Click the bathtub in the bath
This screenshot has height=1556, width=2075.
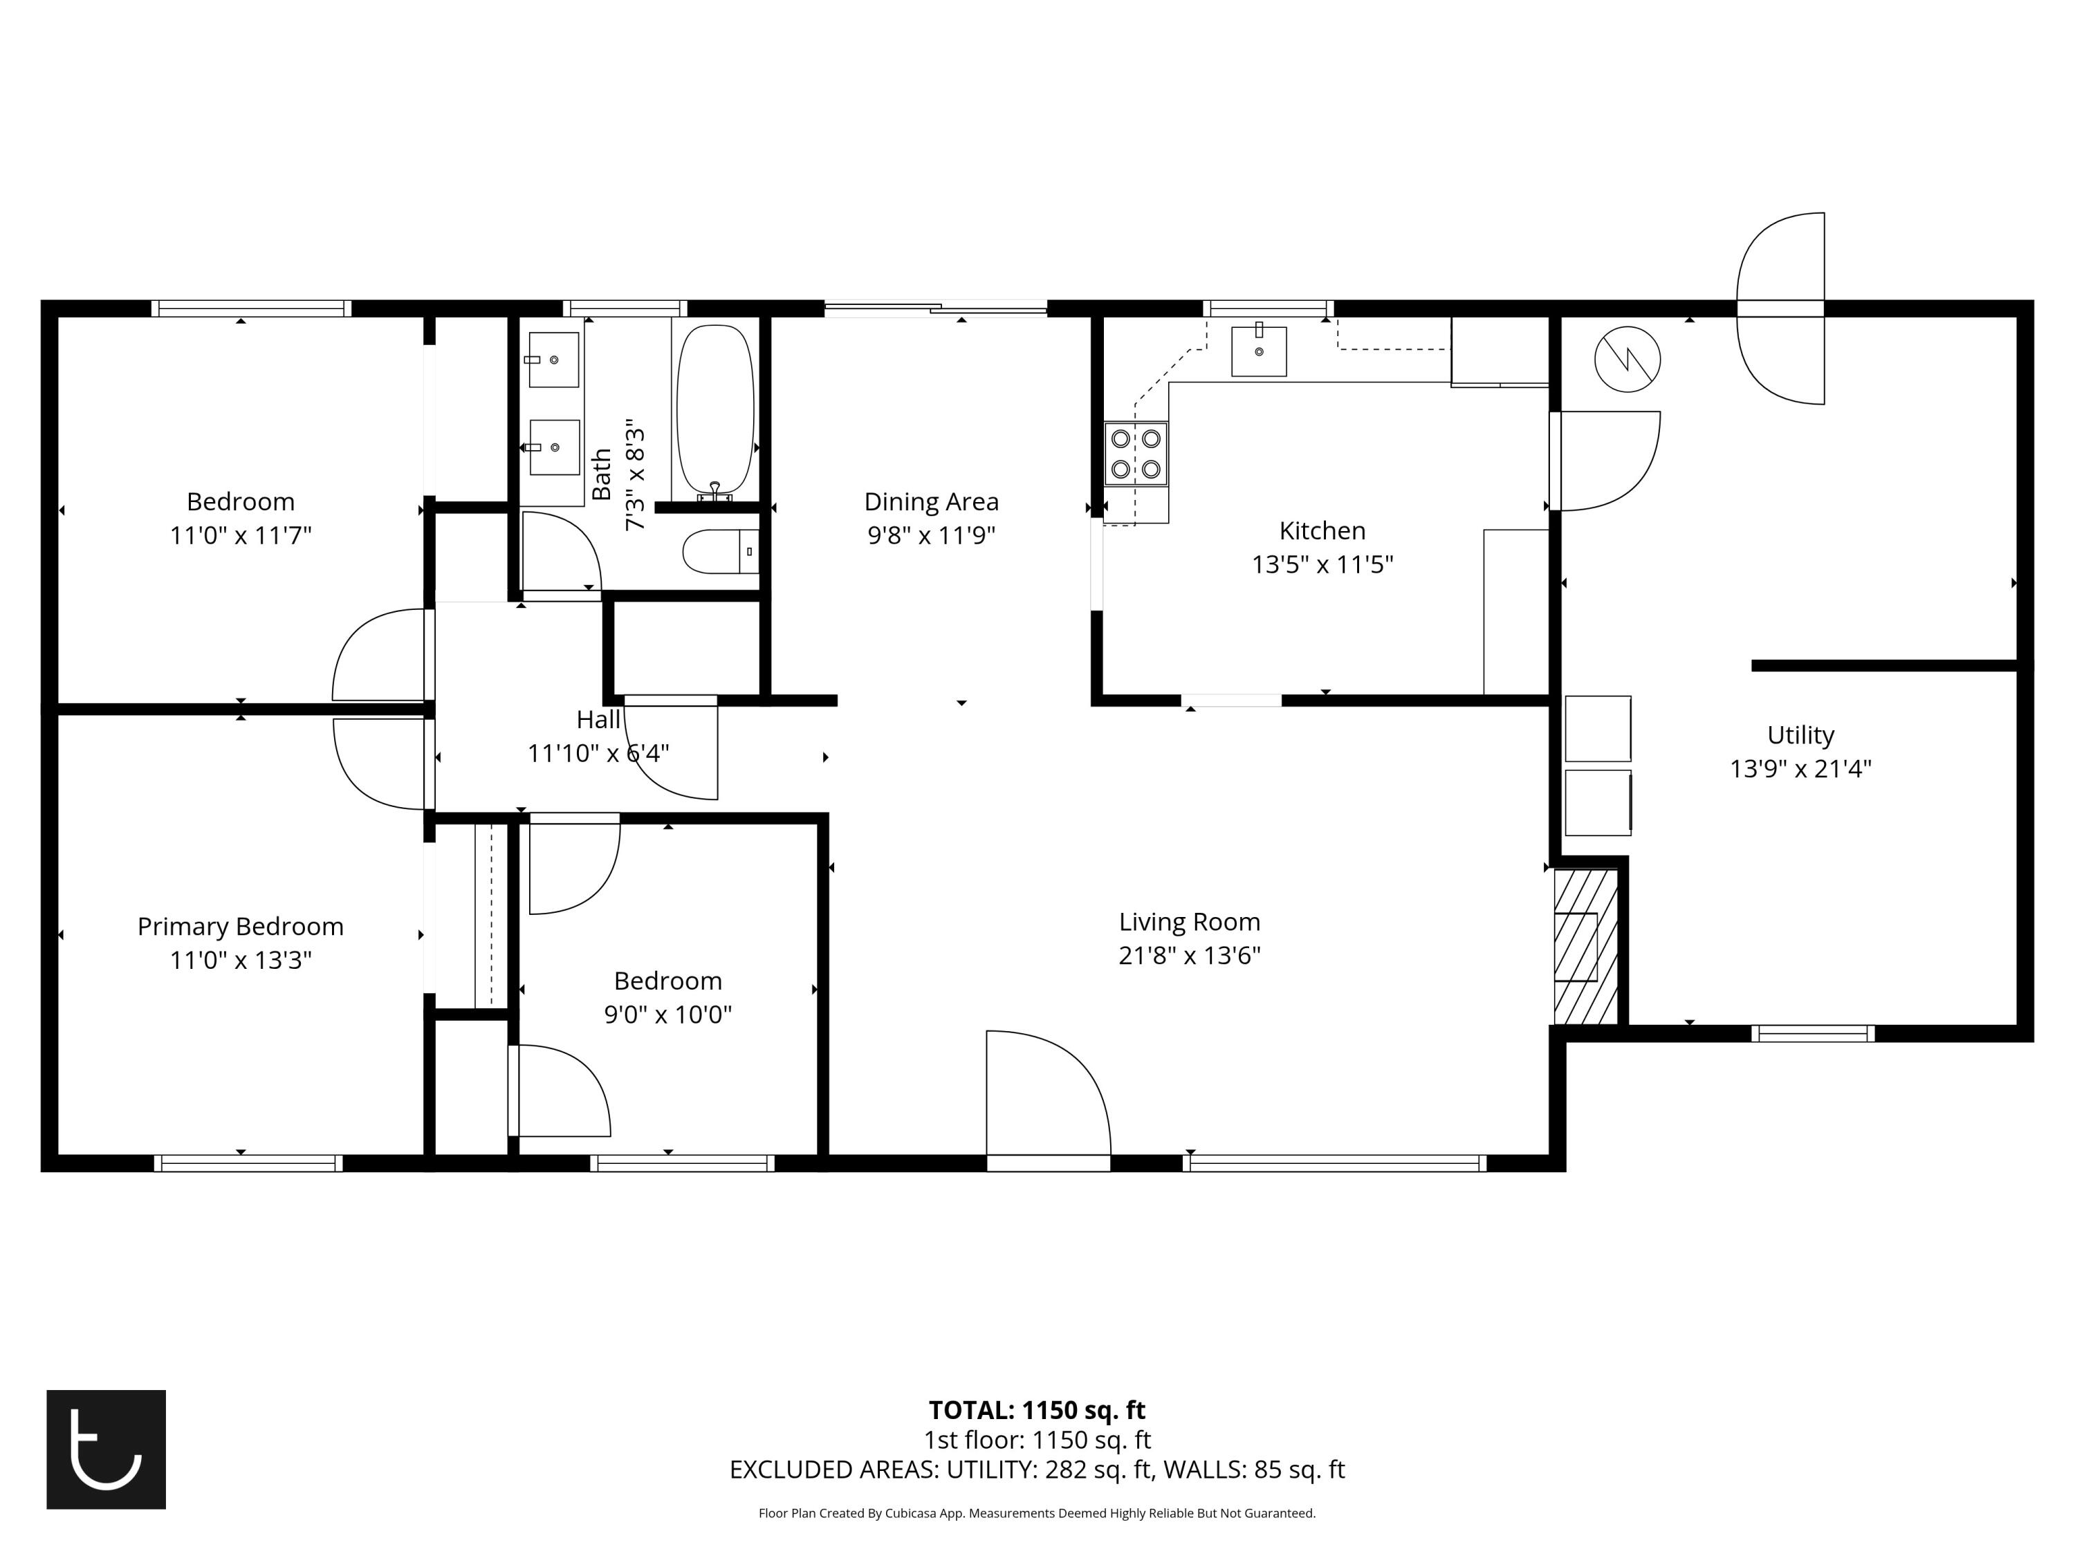pos(714,410)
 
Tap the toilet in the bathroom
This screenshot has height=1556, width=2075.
pos(719,551)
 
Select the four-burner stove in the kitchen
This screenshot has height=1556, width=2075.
pos(1135,453)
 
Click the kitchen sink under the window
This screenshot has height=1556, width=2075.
pos(1258,351)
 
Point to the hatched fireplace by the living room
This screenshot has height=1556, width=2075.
pos(1585,946)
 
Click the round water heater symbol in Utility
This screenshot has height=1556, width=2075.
pos(1627,359)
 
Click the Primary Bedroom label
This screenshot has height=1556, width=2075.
pos(240,927)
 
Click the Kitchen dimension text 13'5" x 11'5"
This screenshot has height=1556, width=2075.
pos(1322,564)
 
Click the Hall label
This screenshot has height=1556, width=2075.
pos(598,719)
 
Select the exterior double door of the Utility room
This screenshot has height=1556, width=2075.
pos(1780,308)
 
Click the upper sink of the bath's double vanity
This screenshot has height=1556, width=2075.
pos(553,359)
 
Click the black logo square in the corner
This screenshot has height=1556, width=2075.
pos(106,1449)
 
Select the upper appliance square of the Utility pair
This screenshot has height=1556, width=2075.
pos(1598,728)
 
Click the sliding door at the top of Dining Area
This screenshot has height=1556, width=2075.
pos(935,308)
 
